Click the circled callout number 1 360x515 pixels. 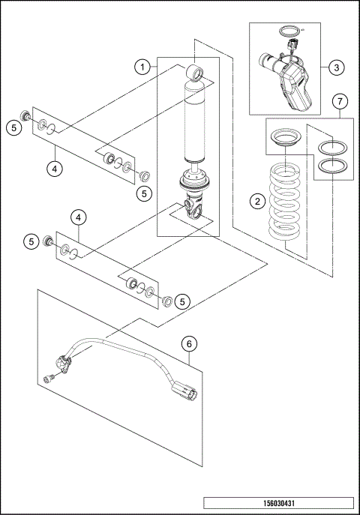click(x=140, y=67)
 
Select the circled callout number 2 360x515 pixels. click(x=257, y=200)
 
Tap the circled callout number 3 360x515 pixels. click(x=337, y=67)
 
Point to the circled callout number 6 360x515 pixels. click(x=189, y=343)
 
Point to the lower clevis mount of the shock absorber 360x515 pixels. click(x=194, y=208)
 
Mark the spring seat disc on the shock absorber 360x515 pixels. click(x=195, y=181)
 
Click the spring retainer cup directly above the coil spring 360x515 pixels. click(x=286, y=139)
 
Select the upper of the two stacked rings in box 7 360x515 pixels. click(x=331, y=147)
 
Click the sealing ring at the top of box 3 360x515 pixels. click(x=287, y=31)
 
